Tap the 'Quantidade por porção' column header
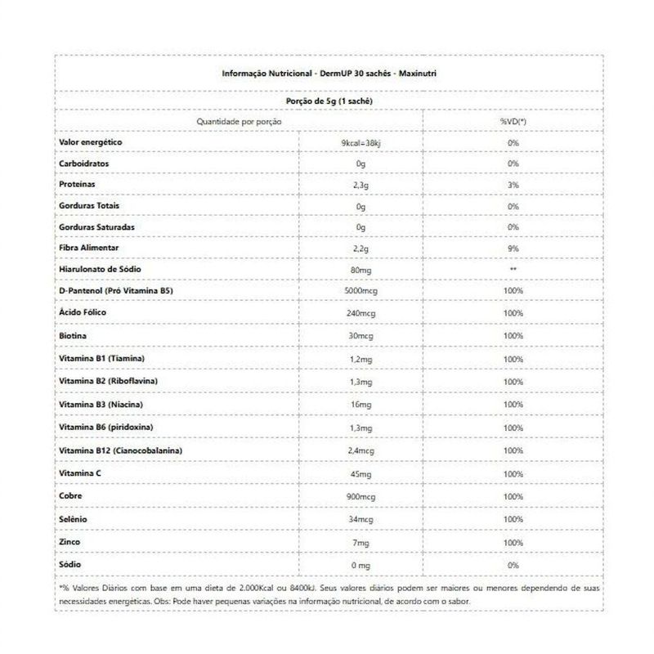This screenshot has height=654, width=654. [239, 121]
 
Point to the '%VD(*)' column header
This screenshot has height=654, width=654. [513, 121]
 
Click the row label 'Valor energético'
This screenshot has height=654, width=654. [91, 142]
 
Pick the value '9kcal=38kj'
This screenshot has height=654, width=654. [361, 143]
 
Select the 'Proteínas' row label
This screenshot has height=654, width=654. [78, 185]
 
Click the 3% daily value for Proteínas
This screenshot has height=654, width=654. [513, 186]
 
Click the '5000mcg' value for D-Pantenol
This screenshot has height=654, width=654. [361, 292]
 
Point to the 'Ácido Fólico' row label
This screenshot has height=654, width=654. [83, 312]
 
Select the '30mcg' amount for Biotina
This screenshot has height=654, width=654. [361, 336]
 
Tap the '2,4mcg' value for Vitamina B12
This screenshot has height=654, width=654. [361, 450]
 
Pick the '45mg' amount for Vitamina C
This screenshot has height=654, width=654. [361, 473]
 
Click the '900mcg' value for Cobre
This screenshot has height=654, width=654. [361, 496]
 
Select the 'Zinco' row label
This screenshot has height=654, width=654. [70, 541]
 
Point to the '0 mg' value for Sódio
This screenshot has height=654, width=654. [361, 565]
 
